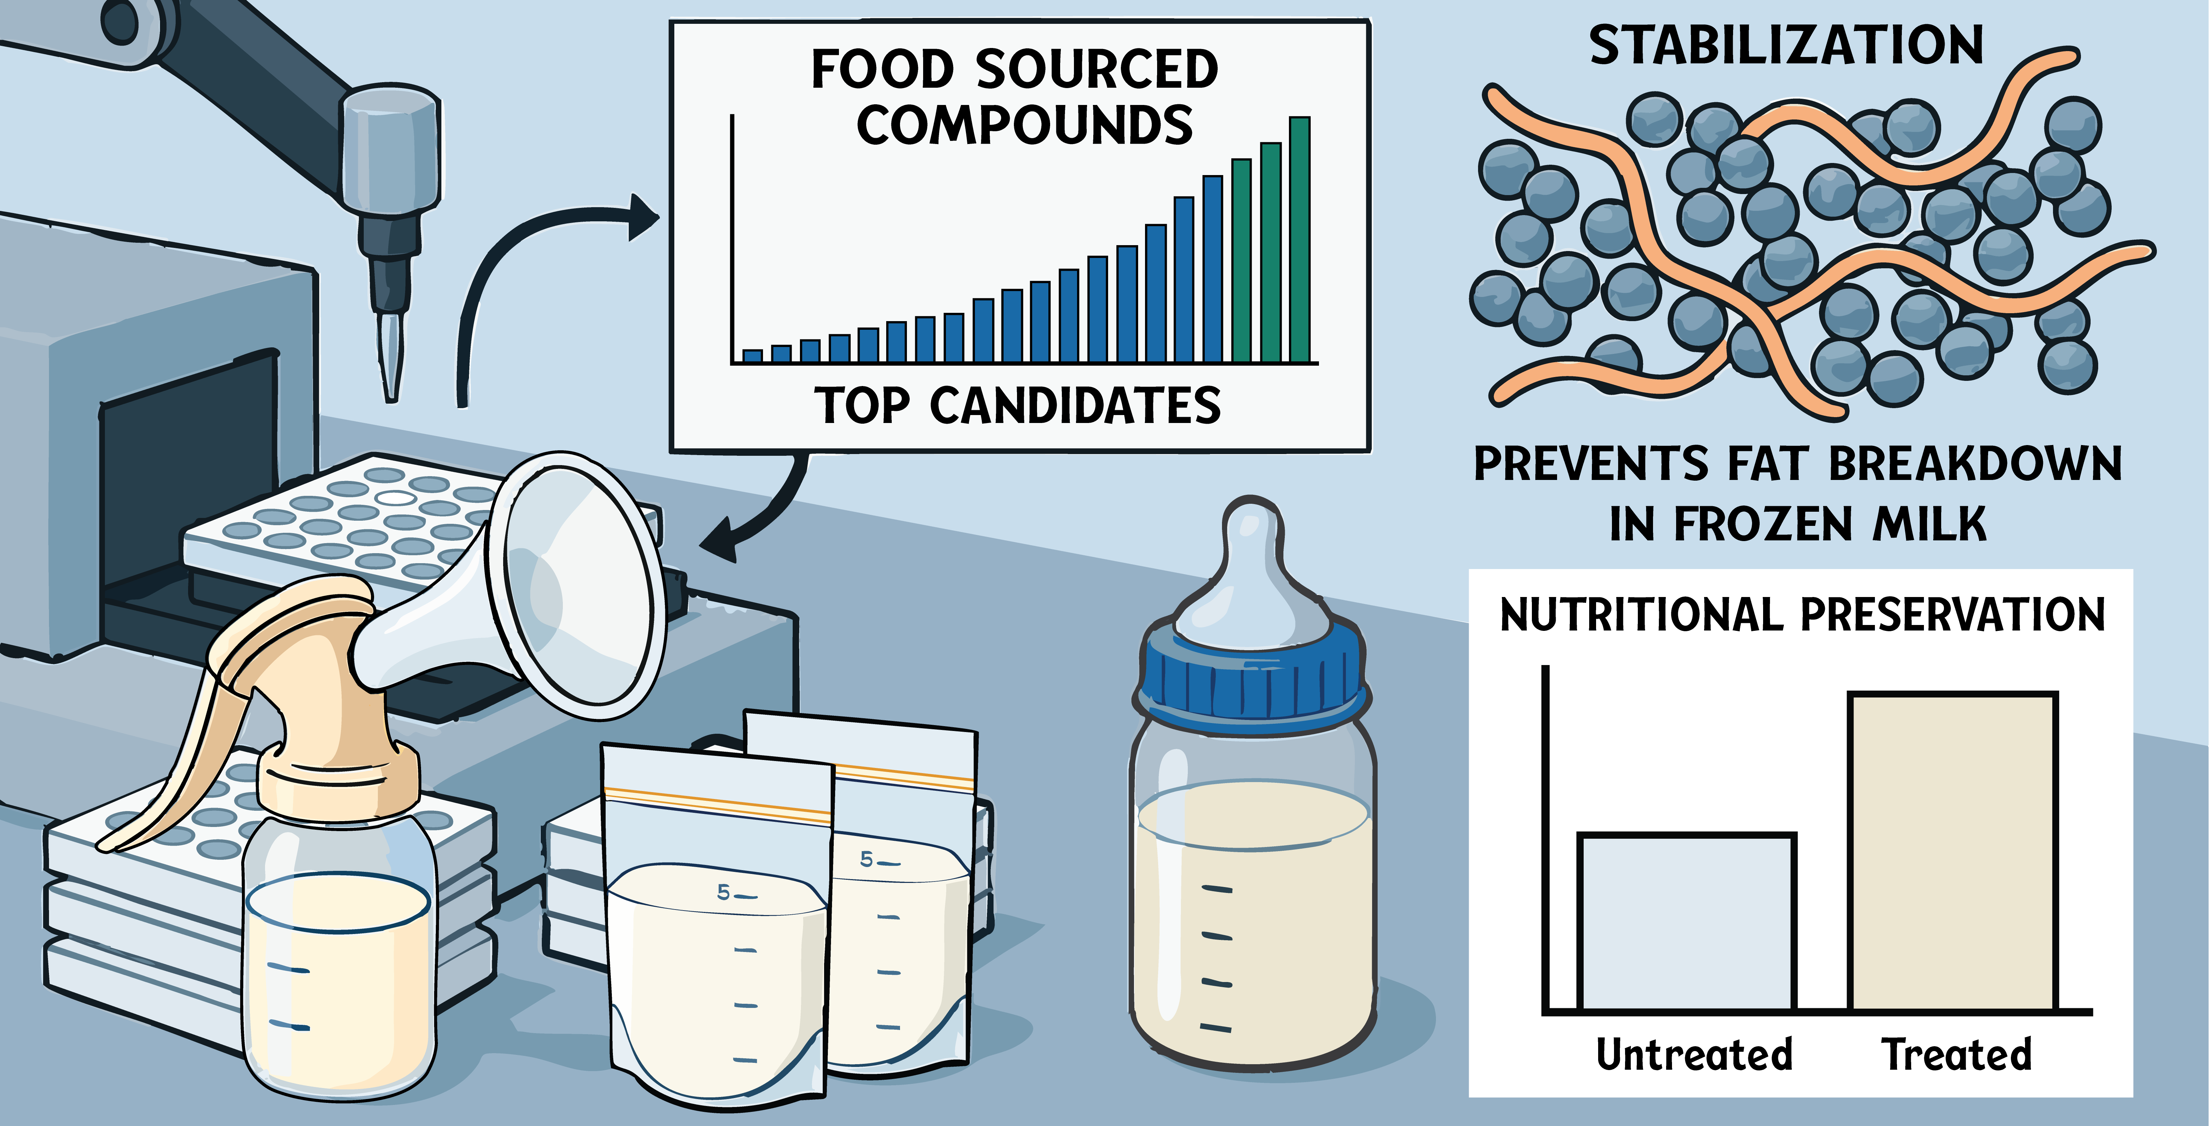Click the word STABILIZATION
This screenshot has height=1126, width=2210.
(1786, 46)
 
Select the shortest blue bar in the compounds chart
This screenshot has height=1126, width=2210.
(752, 356)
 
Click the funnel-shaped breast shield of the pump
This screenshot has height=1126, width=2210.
(575, 584)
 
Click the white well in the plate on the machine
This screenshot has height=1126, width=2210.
(397, 497)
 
